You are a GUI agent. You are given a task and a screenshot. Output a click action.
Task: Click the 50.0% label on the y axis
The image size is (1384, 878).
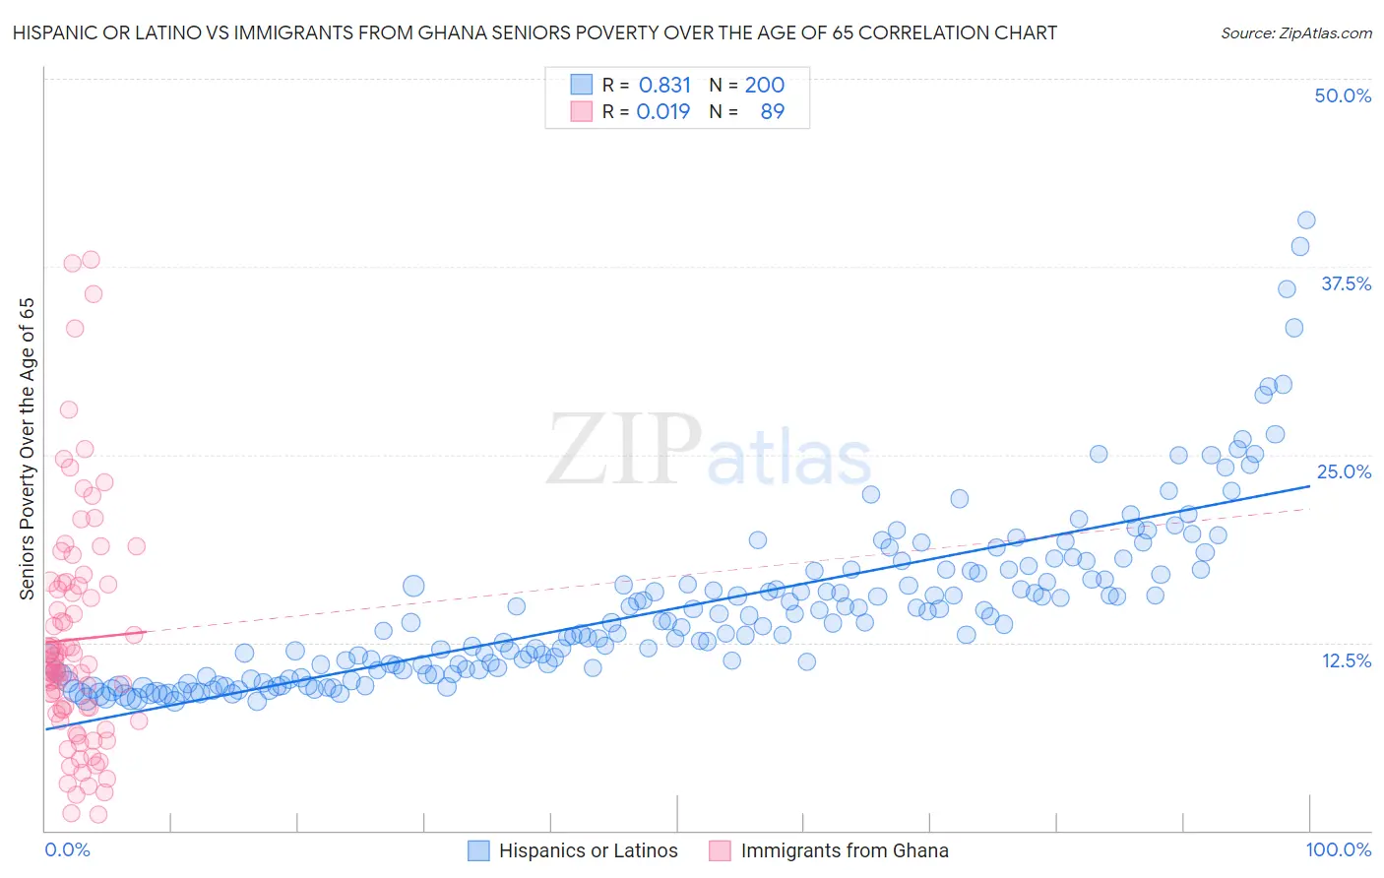1343,95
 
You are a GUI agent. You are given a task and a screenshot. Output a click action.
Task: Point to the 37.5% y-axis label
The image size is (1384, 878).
1346,283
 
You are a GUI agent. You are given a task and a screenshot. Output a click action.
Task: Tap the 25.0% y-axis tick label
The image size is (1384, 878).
1344,471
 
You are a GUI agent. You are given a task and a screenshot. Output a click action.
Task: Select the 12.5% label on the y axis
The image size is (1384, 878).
1346,660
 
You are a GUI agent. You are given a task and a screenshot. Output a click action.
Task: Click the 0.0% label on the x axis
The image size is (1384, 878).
67,849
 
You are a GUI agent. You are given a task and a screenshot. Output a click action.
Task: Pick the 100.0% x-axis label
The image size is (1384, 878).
1338,849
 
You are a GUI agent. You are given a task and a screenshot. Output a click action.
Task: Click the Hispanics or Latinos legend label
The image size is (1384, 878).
588,850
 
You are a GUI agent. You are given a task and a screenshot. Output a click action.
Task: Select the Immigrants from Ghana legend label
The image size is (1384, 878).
845,850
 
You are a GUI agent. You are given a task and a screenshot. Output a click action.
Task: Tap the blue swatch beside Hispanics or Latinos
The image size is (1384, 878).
478,850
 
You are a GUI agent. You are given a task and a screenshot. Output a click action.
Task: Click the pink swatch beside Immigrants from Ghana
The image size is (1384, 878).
721,850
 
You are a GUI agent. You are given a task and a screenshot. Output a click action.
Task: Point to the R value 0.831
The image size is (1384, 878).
664,85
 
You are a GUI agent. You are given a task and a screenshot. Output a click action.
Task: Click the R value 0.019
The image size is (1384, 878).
663,111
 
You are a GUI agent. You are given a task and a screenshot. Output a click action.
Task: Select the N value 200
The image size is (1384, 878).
764,85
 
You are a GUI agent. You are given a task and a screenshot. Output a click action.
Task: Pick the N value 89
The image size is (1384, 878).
772,111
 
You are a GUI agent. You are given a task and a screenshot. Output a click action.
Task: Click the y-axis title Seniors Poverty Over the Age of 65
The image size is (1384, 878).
27,448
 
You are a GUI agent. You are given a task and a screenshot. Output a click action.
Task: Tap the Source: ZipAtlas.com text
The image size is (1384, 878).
1295,32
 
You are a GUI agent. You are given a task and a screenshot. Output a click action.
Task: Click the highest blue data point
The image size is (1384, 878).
1306,220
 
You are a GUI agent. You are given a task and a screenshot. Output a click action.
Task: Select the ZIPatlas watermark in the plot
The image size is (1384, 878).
709,450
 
